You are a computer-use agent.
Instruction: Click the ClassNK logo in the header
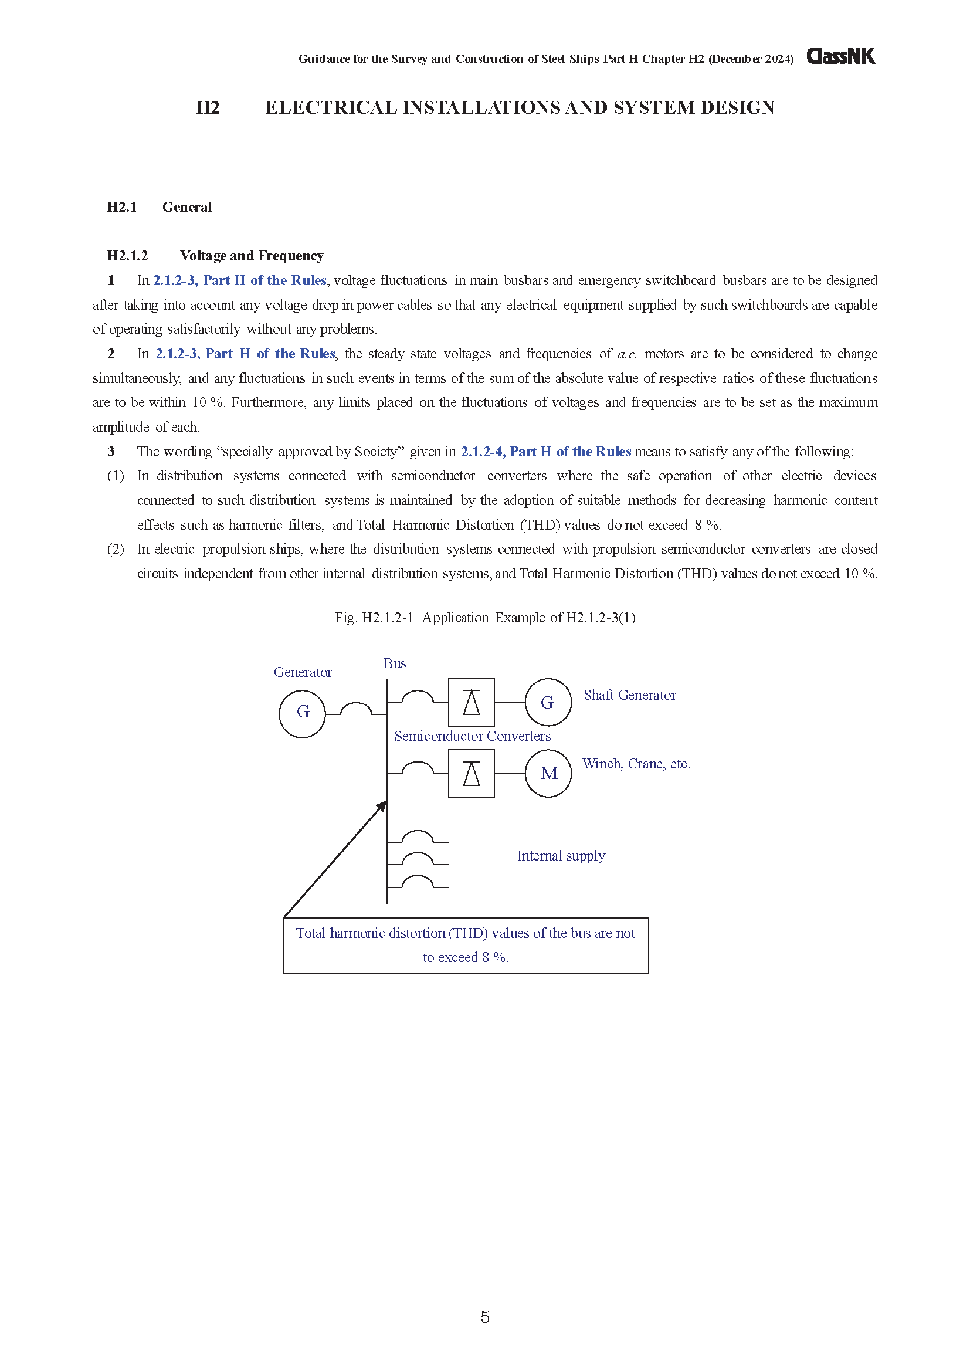pos(840,56)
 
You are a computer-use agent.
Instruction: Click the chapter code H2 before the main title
pos(208,107)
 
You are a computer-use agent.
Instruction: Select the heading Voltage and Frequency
pos(252,256)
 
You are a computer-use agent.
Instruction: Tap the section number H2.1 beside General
pos(122,206)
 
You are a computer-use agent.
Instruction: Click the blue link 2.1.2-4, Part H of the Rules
pos(545,452)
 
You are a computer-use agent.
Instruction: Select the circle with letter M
pos(548,773)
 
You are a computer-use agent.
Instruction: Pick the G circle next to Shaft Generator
pos(548,702)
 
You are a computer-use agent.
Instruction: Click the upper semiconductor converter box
pos(472,702)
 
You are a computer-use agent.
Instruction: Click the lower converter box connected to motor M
pos(472,773)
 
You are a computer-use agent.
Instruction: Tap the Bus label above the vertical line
pos(395,663)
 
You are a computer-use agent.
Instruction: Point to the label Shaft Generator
pos(629,695)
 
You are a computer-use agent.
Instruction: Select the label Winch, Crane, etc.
pos(636,764)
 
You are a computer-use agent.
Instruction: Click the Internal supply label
pos(561,856)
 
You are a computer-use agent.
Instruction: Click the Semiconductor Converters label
pos(472,736)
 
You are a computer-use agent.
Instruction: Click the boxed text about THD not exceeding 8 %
pos(465,945)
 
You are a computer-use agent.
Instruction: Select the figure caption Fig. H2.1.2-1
pos(484,617)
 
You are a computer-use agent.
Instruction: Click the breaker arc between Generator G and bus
pos(356,709)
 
